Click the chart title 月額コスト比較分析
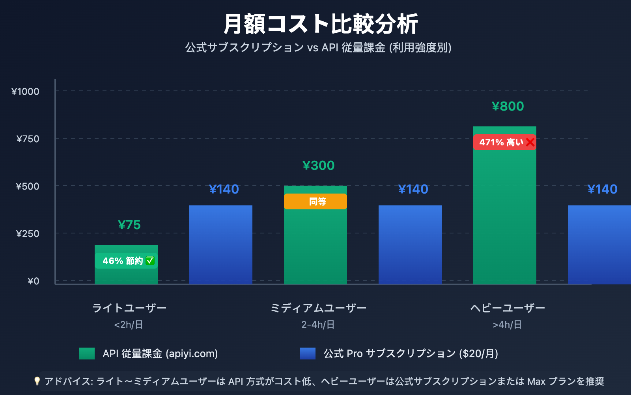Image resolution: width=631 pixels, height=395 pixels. [320, 24]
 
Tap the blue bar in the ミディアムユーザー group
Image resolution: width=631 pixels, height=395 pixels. [410, 245]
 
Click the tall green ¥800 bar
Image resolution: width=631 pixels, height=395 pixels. [505, 217]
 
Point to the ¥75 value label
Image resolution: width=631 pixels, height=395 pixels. [129, 225]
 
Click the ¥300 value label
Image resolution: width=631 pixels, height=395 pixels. [319, 166]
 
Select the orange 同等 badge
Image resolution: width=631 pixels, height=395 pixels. [315, 201]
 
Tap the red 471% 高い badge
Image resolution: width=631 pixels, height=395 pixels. [501, 142]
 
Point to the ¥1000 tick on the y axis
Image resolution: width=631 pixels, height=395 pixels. [26, 92]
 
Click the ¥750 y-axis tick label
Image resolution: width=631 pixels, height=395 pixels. [28, 139]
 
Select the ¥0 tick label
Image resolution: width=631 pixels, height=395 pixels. [34, 281]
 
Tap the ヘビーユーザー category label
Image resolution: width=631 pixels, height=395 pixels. [508, 308]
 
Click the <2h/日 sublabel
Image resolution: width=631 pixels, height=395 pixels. [129, 325]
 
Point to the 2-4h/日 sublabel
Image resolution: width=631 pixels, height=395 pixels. [318, 325]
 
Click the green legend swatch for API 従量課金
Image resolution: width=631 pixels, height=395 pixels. [87, 354]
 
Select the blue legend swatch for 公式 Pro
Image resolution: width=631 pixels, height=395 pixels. [308, 354]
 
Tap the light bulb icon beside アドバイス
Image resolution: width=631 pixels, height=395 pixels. [37, 381]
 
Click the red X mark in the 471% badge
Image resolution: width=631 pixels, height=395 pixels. [530, 142]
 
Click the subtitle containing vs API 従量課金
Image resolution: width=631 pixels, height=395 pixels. [319, 48]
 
